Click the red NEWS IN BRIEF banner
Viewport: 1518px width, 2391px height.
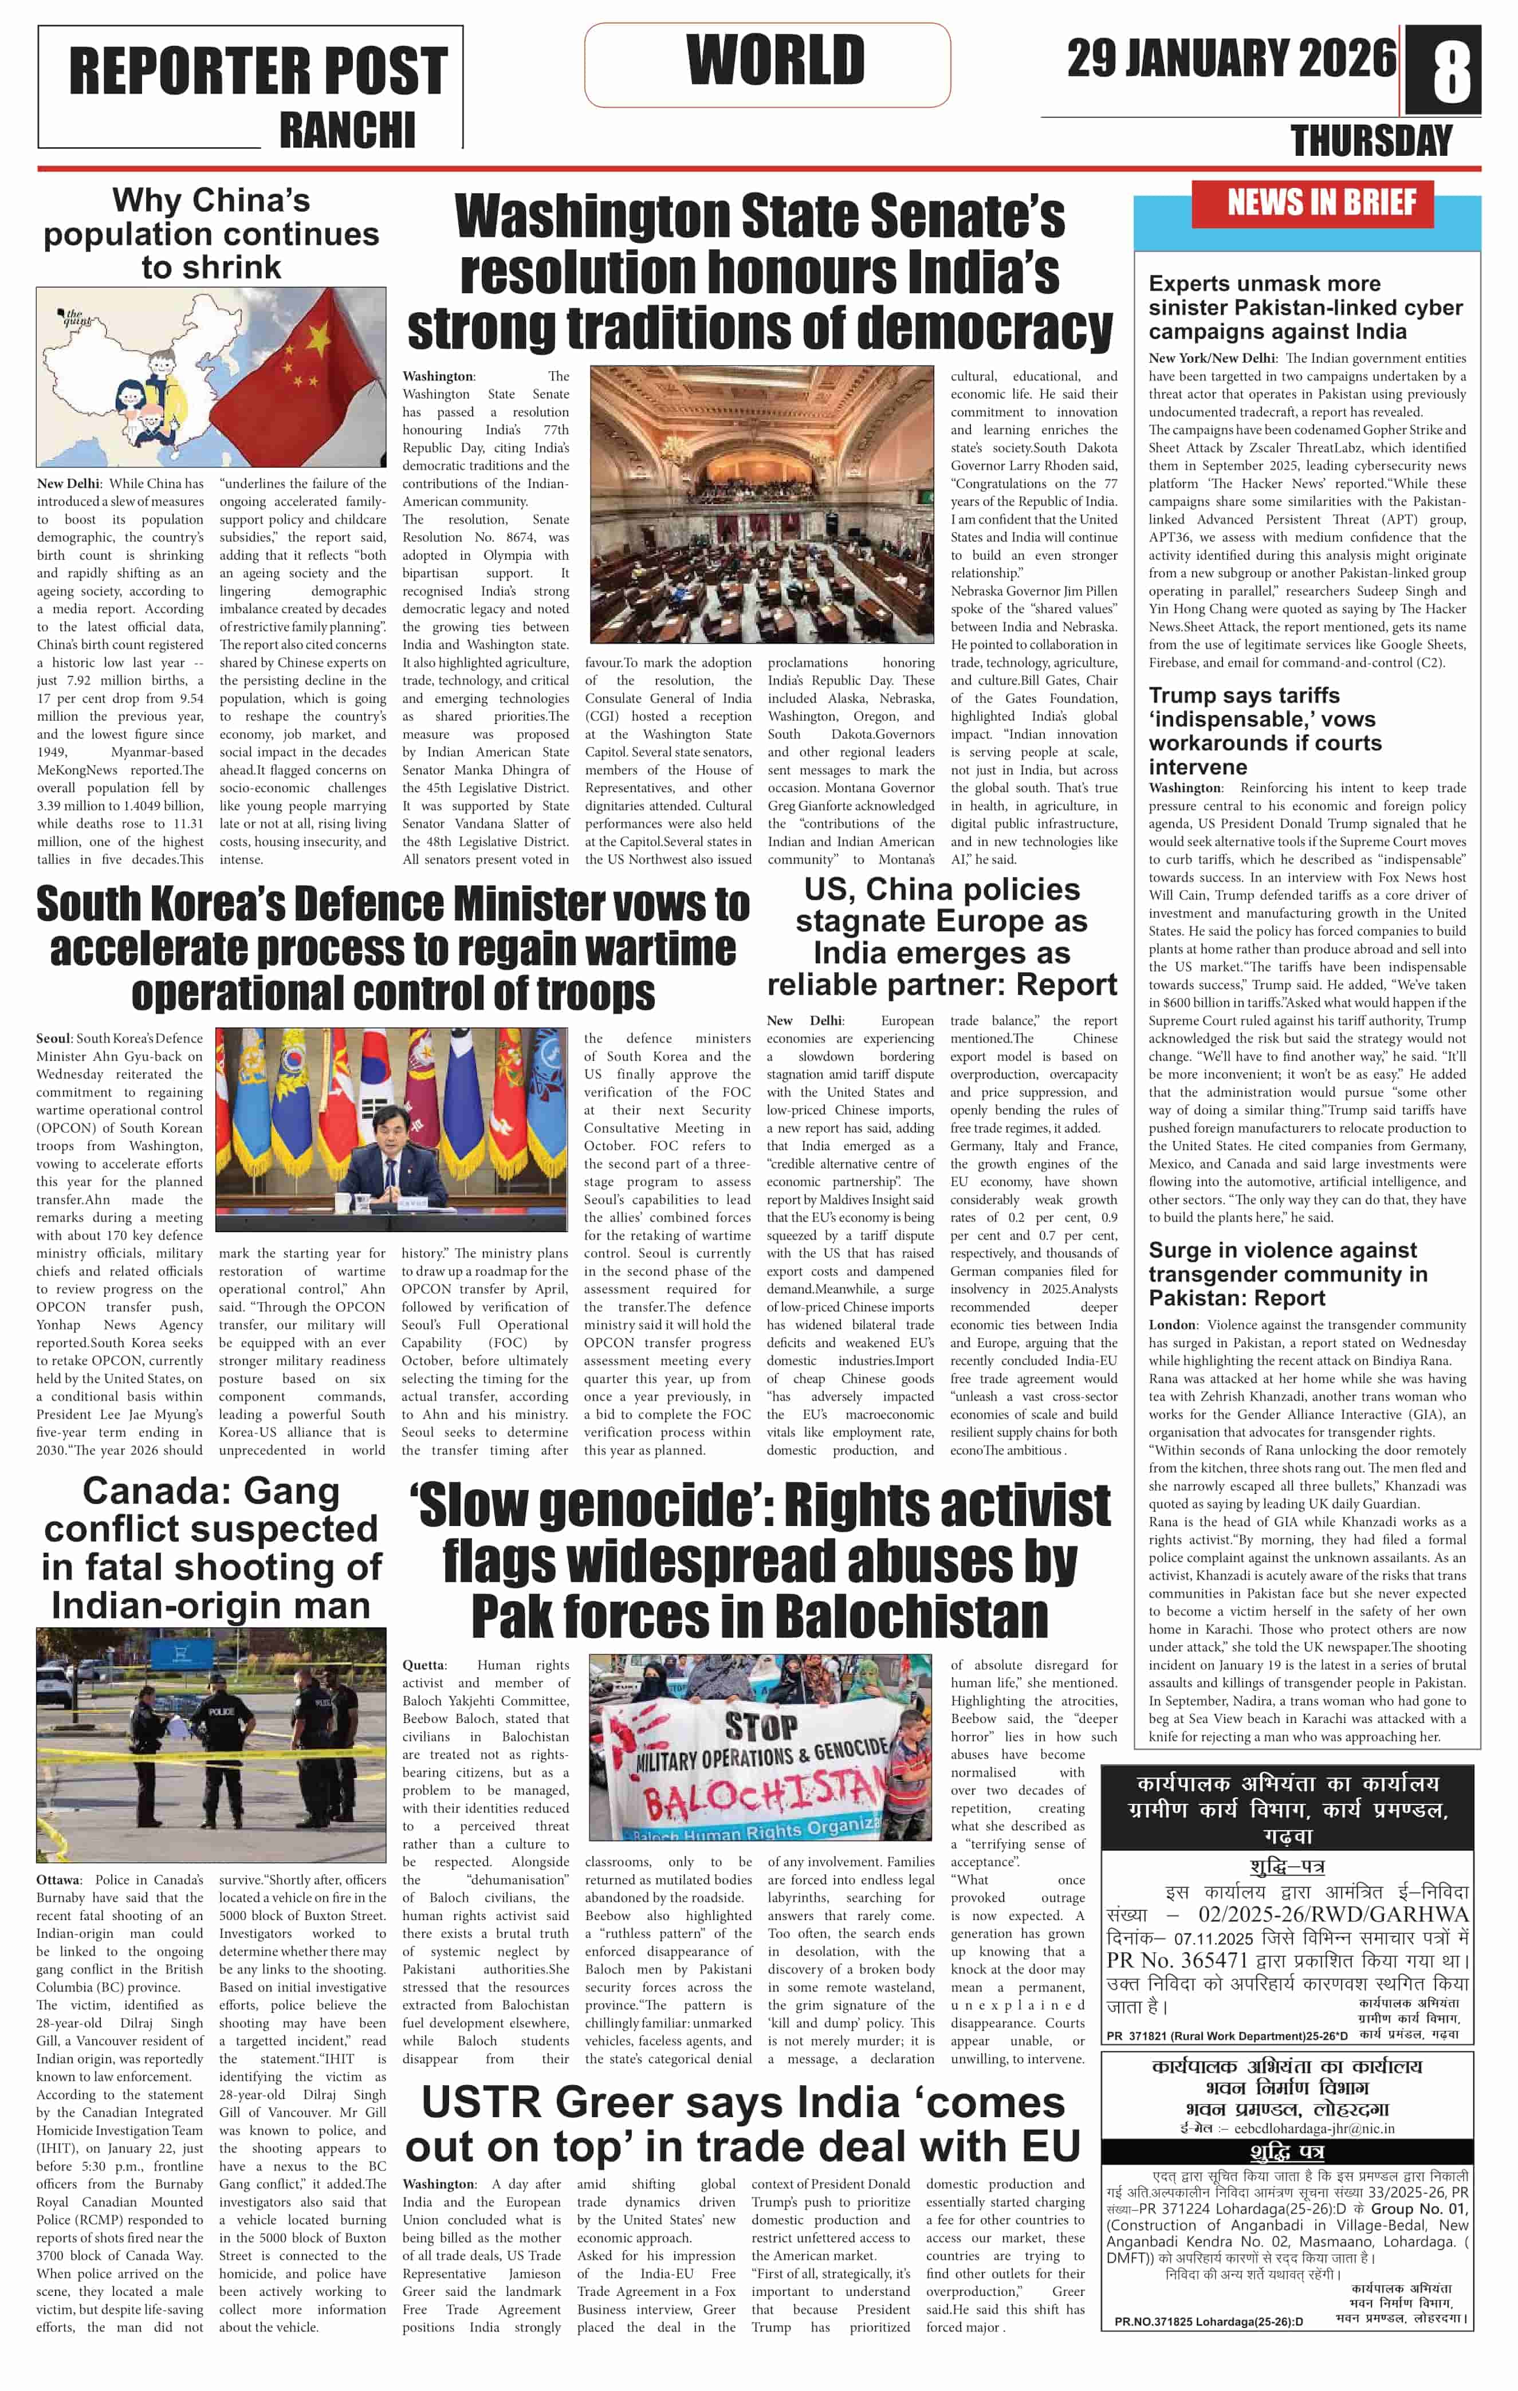pos(1320,203)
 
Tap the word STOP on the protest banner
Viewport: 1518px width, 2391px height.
pos(760,1728)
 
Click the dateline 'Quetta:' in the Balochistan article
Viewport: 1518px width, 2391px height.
pos(424,1665)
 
